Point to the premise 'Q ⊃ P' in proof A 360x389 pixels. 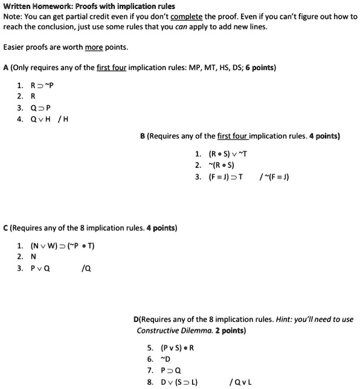coord(41,108)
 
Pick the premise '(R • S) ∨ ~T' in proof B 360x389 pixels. coord(228,154)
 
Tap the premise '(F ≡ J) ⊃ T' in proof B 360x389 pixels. coord(226,177)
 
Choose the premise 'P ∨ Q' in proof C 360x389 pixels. coord(40,269)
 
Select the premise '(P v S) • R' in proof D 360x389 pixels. coord(178,348)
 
